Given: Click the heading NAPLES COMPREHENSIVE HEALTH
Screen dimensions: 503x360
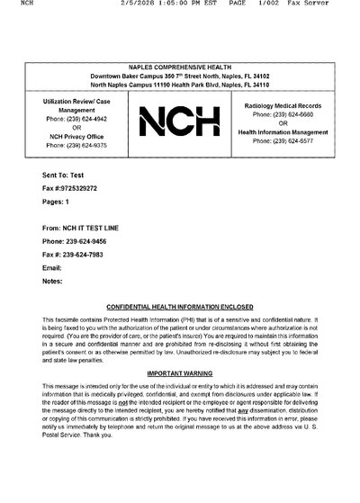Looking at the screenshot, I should (180, 67).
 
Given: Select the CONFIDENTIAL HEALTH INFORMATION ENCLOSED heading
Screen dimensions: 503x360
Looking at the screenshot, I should (180, 307).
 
